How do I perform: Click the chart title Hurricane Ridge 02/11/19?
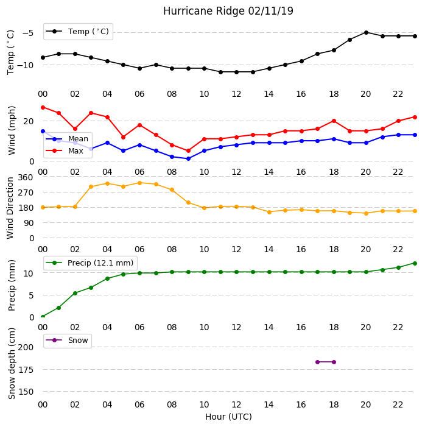pyautogui.click(x=228, y=11)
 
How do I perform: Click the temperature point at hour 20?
pyautogui.click(x=366, y=33)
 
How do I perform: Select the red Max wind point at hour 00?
pyautogui.click(x=43, y=108)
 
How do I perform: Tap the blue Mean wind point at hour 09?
pyautogui.click(x=188, y=158)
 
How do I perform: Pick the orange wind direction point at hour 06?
pyautogui.click(x=139, y=183)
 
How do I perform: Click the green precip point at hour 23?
pyautogui.click(x=415, y=263)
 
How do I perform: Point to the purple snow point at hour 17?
pyautogui.click(x=317, y=362)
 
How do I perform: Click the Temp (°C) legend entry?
pyautogui.click(x=77, y=32)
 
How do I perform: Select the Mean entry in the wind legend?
pyautogui.click(x=67, y=139)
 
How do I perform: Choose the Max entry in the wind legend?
pyautogui.click(x=65, y=151)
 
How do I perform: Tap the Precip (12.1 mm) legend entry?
pyautogui.click(x=90, y=263)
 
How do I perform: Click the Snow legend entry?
pyautogui.click(x=67, y=341)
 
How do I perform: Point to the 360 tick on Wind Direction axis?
pyautogui.click(x=26, y=177)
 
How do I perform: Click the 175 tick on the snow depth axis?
pyautogui.click(x=26, y=370)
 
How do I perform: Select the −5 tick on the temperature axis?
pyautogui.click(x=28, y=34)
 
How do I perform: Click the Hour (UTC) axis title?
pyautogui.click(x=228, y=417)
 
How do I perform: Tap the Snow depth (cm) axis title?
pyautogui.click(x=12, y=364)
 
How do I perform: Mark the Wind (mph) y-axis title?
pyautogui.click(x=12, y=130)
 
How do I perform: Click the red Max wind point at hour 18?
pyautogui.click(x=334, y=121)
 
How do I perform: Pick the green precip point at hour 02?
pyautogui.click(x=75, y=293)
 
